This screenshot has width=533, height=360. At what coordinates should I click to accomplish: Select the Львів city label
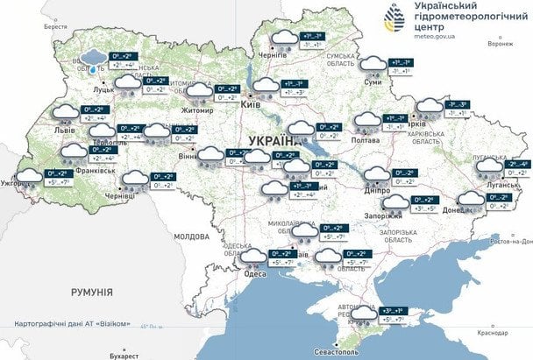click(64, 131)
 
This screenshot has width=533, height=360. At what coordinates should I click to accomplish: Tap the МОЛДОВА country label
click(191, 236)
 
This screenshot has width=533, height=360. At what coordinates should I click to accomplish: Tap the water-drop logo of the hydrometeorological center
click(391, 17)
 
